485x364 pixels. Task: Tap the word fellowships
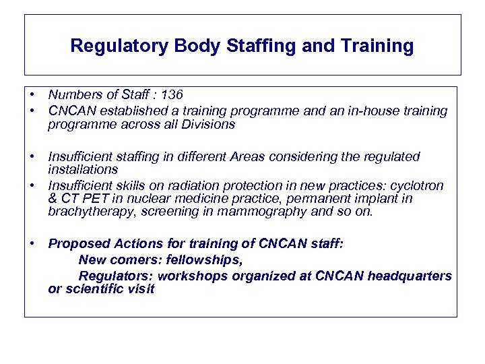pyautogui.click(x=202, y=260)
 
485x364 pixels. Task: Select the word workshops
pyautogui.click(x=189, y=276)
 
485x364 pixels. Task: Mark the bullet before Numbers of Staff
pyautogui.click(x=32, y=95)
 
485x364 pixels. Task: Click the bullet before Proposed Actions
pyautogui.click(x=32, y=243)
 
